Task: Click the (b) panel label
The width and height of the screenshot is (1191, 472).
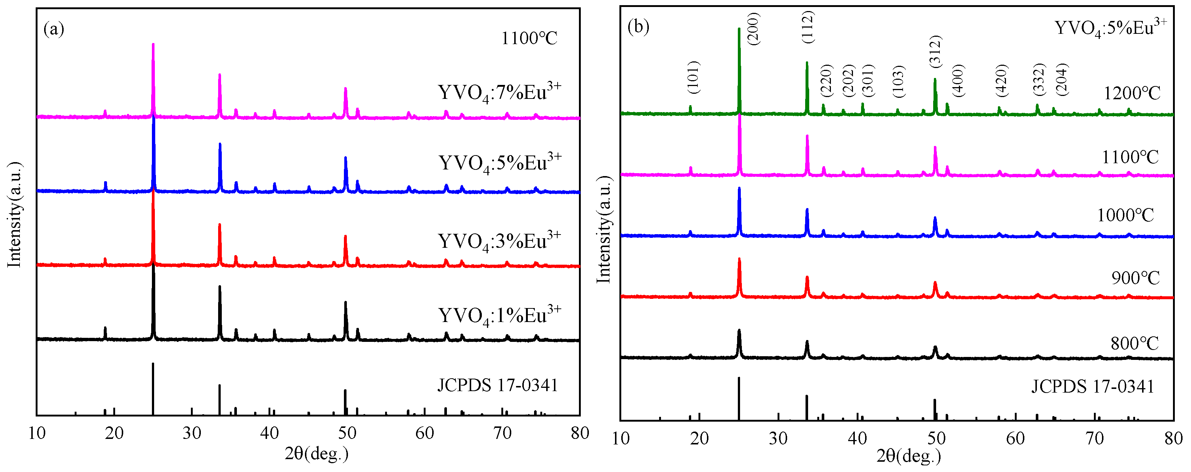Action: (x=638, y=27)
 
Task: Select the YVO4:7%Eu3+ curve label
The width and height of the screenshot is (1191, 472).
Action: (x=499, y=93)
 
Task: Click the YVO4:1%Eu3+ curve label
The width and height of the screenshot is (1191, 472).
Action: (x=499, y=316)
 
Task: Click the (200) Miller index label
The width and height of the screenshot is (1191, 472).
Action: (x=753, y=29)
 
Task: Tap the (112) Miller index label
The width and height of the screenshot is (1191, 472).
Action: (x=808, y=28)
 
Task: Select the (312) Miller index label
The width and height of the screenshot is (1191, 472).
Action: (x=935, y=51)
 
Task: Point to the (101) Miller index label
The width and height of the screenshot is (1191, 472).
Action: (x=693, y=77)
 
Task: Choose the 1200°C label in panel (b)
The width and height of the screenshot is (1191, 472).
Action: (x=1132, y=94)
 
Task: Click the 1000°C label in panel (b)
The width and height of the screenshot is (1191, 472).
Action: (x=1126, y=215)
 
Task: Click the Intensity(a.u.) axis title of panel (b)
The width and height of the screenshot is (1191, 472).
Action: (x=604, y=230)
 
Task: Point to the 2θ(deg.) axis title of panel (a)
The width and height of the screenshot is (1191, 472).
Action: (x=316, y=454)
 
